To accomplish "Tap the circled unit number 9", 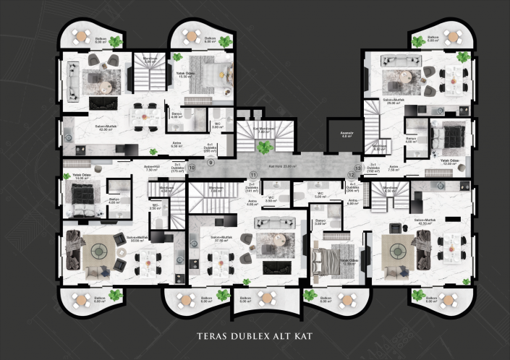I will [x=211, y=163].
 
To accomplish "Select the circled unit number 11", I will [x=253, y=175].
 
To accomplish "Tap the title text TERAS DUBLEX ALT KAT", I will [x=254, y=335].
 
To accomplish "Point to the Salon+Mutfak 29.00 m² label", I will [x=394, y=103].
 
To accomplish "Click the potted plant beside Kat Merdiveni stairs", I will [x=266, y=147].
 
